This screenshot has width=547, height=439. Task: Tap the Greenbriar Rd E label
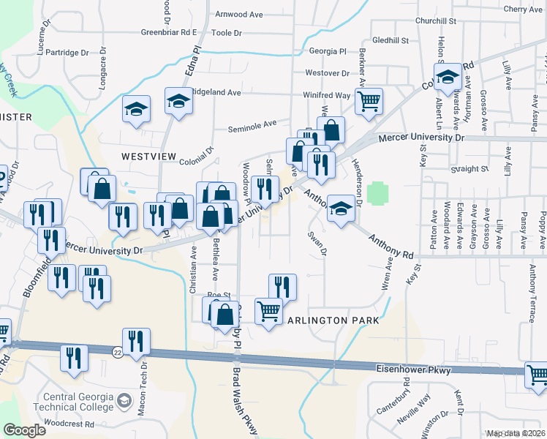(170, 32)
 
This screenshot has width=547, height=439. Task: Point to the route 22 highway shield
(118, 352)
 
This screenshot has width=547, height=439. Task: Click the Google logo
(24, 430)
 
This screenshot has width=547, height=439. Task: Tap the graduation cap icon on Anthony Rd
(341, 209)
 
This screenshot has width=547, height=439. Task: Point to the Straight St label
(469, 168)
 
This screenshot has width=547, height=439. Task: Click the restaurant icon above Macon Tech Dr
(136, 342)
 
